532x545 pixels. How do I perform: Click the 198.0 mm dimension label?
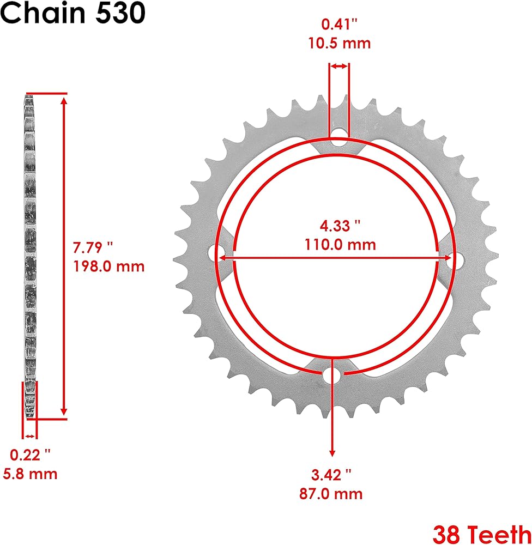click(109, 267)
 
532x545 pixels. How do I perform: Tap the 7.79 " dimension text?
click(93, 247)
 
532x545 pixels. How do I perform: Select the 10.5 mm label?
click(340, 44)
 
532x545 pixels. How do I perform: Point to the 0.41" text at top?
click(340, 25)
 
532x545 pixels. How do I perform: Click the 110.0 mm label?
click(340, 245)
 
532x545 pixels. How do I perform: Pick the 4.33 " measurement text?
click(340, 226)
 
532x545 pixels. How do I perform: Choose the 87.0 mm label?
click(331, 494)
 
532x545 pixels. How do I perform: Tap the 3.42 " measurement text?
click(331, 475)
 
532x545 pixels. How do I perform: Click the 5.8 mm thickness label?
click(30, 474)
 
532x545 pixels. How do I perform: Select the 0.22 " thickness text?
click(30, 455)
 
